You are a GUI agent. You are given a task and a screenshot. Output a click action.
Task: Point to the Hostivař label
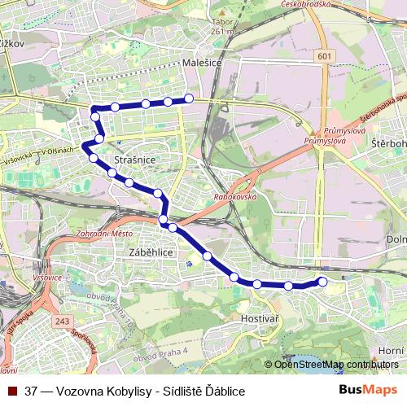click(x=260, y=320)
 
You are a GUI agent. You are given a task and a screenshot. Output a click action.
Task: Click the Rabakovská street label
click(x=235, y=196)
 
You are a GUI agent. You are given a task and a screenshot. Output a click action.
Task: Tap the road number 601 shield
click(x=326, y=55)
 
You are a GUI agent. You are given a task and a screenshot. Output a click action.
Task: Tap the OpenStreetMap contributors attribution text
click(x=336, y=365)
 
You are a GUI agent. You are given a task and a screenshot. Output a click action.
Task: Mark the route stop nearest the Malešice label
click(x=189, y=98)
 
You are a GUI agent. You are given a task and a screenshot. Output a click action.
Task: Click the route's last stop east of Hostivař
click(x=322, y=282)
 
